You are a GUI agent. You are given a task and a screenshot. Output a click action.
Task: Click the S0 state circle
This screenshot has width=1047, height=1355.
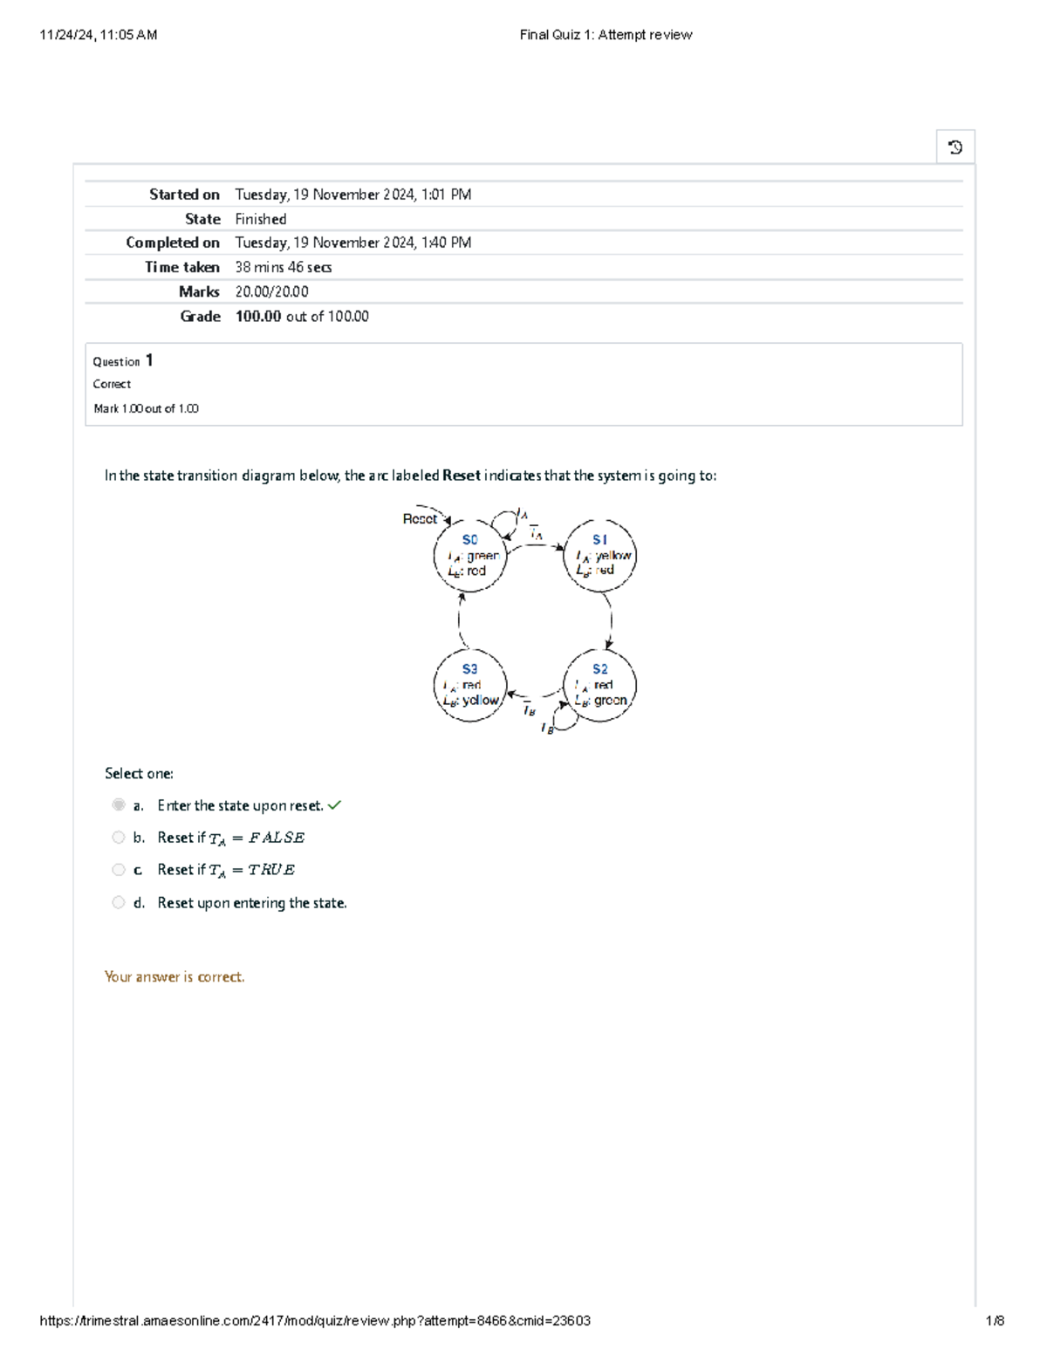469,556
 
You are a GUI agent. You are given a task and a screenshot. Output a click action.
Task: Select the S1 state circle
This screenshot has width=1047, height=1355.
600,556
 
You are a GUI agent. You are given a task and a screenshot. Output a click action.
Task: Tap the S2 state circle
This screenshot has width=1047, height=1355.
600,685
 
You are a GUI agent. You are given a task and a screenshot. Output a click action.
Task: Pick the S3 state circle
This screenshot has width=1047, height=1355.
469,685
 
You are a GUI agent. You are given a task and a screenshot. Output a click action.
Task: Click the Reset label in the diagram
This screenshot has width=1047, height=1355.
420,519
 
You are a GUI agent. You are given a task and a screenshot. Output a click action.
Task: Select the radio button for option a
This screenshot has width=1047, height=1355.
119,804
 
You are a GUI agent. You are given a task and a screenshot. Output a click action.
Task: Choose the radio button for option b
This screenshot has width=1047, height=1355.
119,838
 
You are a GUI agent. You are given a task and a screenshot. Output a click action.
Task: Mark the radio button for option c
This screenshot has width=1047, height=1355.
119,870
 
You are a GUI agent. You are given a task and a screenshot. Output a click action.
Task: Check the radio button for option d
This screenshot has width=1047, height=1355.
119,902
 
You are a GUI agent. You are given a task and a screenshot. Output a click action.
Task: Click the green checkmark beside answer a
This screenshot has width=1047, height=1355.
335,805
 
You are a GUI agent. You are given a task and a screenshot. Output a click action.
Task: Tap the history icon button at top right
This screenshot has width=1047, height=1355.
955,147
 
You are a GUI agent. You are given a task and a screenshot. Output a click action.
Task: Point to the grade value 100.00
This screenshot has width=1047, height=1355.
258,317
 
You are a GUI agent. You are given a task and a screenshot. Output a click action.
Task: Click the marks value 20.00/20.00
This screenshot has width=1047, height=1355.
271,292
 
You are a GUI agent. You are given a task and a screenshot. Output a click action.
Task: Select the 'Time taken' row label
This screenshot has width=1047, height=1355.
181,268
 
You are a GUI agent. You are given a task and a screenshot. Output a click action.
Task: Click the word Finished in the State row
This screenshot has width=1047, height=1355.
261,219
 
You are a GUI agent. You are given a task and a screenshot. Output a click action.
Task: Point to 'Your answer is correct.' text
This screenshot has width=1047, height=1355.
174,977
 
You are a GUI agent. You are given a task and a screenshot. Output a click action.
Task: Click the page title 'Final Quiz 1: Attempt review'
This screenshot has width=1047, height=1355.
606,35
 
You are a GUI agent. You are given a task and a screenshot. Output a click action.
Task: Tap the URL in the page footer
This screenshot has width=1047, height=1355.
315,1321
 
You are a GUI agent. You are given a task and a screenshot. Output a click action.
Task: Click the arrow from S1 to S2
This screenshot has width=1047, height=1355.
610,621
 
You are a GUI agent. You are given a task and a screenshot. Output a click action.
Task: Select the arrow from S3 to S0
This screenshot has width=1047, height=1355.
460,620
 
